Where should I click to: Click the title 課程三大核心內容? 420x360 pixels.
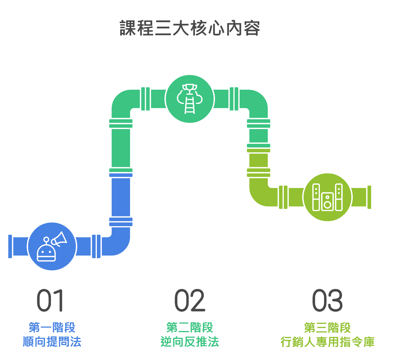190,28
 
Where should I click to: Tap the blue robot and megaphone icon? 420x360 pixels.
52,246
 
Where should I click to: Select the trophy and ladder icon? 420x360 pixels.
190,99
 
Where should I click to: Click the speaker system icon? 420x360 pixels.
327,197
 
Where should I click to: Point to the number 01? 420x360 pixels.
50,301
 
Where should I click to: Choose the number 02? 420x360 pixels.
190,301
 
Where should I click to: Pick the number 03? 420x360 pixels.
327,301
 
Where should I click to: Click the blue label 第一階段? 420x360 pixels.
52,327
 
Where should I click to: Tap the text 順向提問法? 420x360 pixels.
52,342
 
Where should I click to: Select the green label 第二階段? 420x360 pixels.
190,327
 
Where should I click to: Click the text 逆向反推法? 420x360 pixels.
190,342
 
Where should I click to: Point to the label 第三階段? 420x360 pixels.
327,327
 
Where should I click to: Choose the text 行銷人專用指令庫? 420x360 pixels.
327,342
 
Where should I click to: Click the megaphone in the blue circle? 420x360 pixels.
59,239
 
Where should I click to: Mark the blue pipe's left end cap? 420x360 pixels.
10,246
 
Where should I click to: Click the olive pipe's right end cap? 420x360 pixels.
369,197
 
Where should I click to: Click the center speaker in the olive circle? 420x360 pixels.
327,201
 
